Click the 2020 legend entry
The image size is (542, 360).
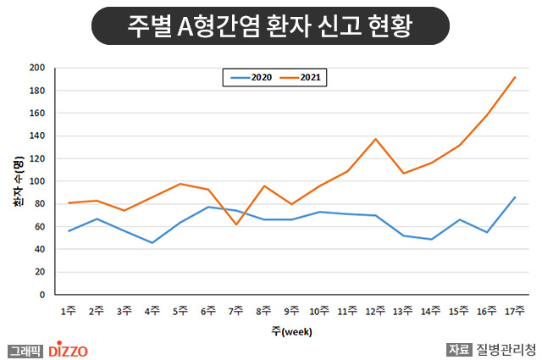tap(252, 77)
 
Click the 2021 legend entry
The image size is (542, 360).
tap(301, 77)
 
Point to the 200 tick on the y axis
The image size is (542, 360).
tap(37, 68)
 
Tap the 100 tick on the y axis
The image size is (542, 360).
tap(37, 181)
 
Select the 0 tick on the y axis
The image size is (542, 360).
tap(42, 295)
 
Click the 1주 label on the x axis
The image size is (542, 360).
tap(68, 311)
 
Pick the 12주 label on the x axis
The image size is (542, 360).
tap(375, 311)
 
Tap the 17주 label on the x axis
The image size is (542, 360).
tap(515, 311)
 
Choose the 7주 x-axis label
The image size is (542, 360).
tap(235, 311)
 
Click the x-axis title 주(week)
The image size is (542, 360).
tap(291, 332)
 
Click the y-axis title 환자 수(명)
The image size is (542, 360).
tap(19, 181)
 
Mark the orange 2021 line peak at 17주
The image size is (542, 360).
tap(515, 77)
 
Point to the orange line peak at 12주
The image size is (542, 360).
tap(375, 139)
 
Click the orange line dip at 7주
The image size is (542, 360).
tap(236, 224)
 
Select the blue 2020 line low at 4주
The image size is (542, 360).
tap(152, 243)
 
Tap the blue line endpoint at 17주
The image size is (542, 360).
tap(515, 197)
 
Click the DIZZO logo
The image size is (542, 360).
tap(68, 350)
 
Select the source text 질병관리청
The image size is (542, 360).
tap(506, 350)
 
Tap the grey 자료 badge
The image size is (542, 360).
tap(459, 350)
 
